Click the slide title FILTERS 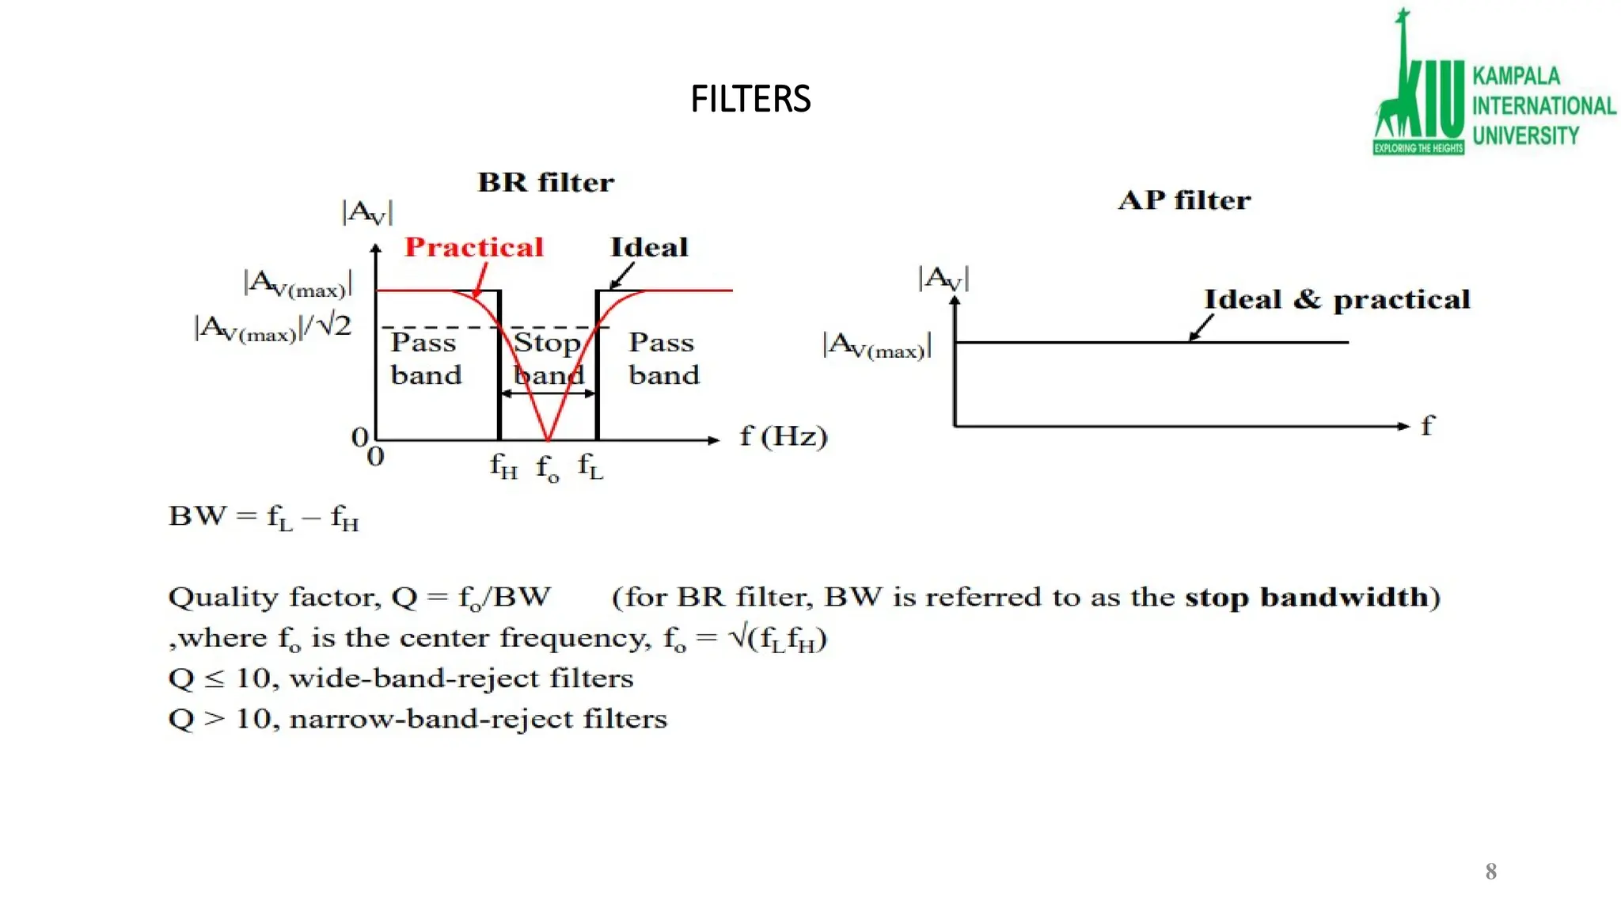750,100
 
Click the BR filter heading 545,183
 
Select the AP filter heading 1184,200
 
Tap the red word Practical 474,247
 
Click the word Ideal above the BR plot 649,247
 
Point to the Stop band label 548,358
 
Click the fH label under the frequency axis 503,466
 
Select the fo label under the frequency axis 547,469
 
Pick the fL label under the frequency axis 590,466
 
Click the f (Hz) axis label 783,436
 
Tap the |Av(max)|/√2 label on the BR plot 273,328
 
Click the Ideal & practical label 1337,300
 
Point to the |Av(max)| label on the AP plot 877,346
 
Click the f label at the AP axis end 1426,426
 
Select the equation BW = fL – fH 264,517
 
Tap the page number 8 1490,872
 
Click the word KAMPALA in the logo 1516,76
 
